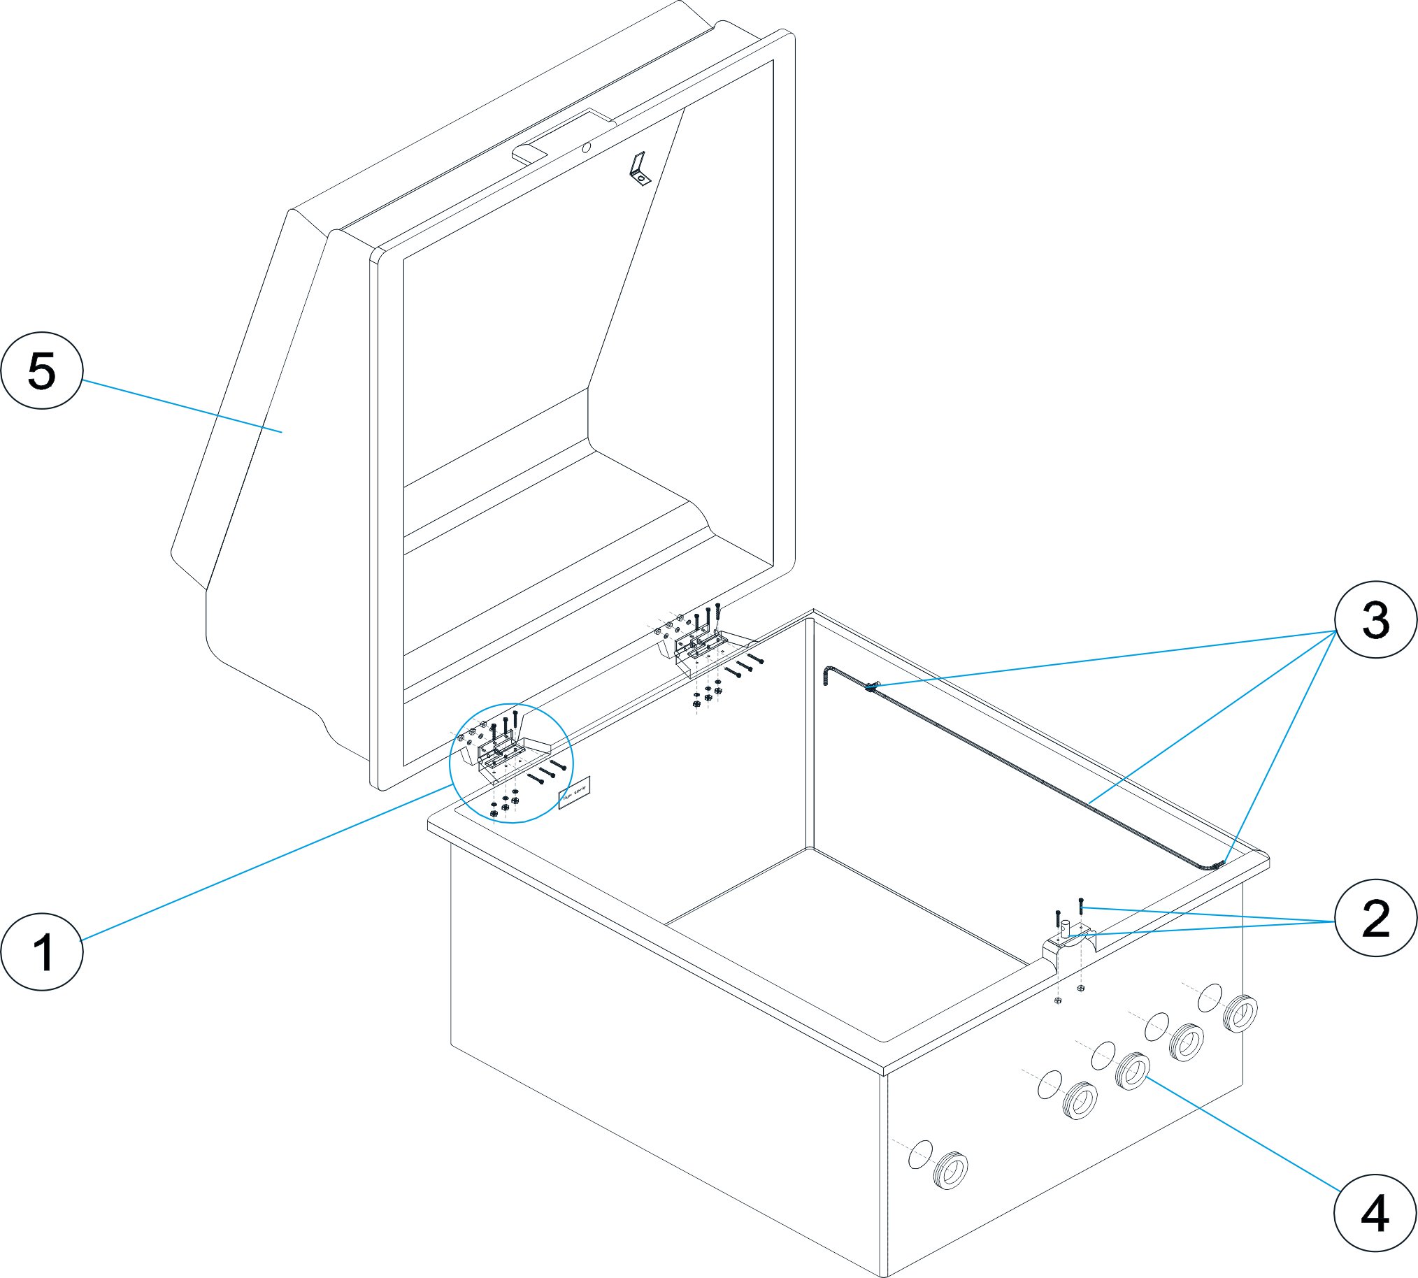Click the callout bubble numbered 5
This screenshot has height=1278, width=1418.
(41, 370)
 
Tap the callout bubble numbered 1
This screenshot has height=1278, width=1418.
(41, 952)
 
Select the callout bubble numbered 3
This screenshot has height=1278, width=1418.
(1375, 619)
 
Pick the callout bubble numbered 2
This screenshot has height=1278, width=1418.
(1375, 918)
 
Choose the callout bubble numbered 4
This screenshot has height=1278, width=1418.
(1375, 1213)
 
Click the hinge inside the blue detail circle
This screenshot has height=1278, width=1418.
(500, 755)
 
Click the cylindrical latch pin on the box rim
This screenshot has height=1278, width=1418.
(1066, 929)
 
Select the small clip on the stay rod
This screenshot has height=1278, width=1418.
(872, 686)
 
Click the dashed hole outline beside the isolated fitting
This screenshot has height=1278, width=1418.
(920, 1154)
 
